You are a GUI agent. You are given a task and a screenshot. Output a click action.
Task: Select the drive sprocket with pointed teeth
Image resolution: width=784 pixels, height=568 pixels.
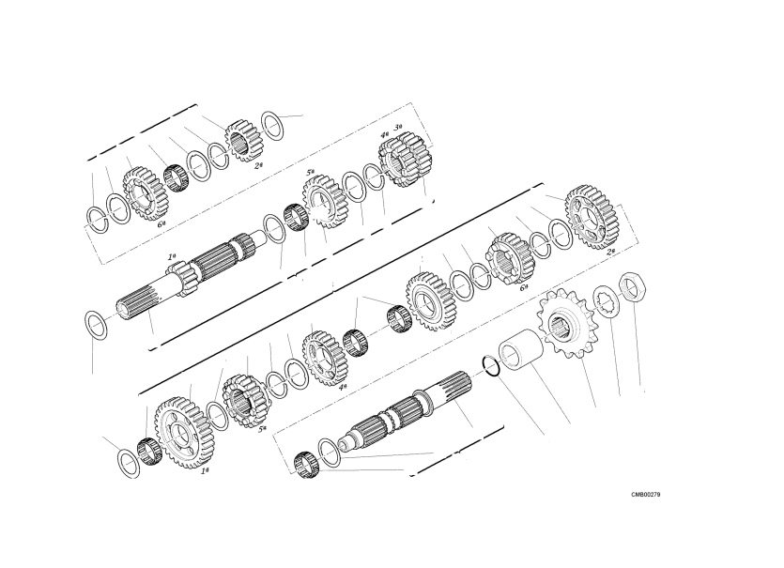point(565,324)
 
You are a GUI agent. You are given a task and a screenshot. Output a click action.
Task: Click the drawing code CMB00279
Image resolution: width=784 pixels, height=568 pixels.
point(645,495)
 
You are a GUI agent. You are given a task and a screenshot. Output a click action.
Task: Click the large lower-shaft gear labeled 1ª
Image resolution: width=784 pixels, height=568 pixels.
point(185,433)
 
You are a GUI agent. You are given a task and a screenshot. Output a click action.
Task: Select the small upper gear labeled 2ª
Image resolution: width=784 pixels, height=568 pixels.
point(243,142)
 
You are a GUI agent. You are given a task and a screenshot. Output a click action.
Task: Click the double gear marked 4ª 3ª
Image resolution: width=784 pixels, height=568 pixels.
point(406,159)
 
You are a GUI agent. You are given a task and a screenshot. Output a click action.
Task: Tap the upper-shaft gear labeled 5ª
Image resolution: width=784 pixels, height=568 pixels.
point(326,202)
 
